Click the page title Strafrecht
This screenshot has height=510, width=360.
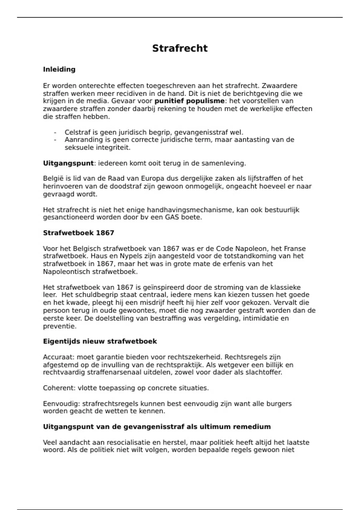pyautogui.click(x=180, y=48)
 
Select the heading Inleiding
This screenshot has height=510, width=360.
pyautogui.click(x=59, y=69)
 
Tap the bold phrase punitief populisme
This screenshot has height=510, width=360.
pyautogui.click(x=189, y=101)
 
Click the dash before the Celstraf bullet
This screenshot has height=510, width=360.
pyautogui.click(x=55, y=132)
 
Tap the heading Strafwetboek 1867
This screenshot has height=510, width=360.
pyautogui.click(x=79, y=233)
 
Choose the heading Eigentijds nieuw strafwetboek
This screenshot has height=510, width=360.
pyautogui.click(x=100, y=341)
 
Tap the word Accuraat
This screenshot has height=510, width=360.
pyautogui.click(x=58, y=357)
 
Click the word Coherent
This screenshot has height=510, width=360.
pyautogui.click(x=59, y=388)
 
